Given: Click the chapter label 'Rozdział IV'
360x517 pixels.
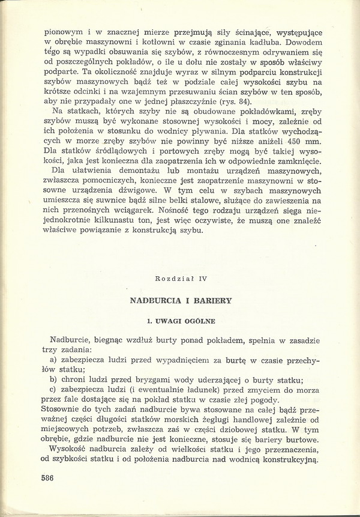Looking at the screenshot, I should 179,279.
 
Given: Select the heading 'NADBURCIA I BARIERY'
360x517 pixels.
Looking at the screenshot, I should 179,299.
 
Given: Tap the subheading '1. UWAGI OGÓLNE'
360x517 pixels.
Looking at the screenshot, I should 179,321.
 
